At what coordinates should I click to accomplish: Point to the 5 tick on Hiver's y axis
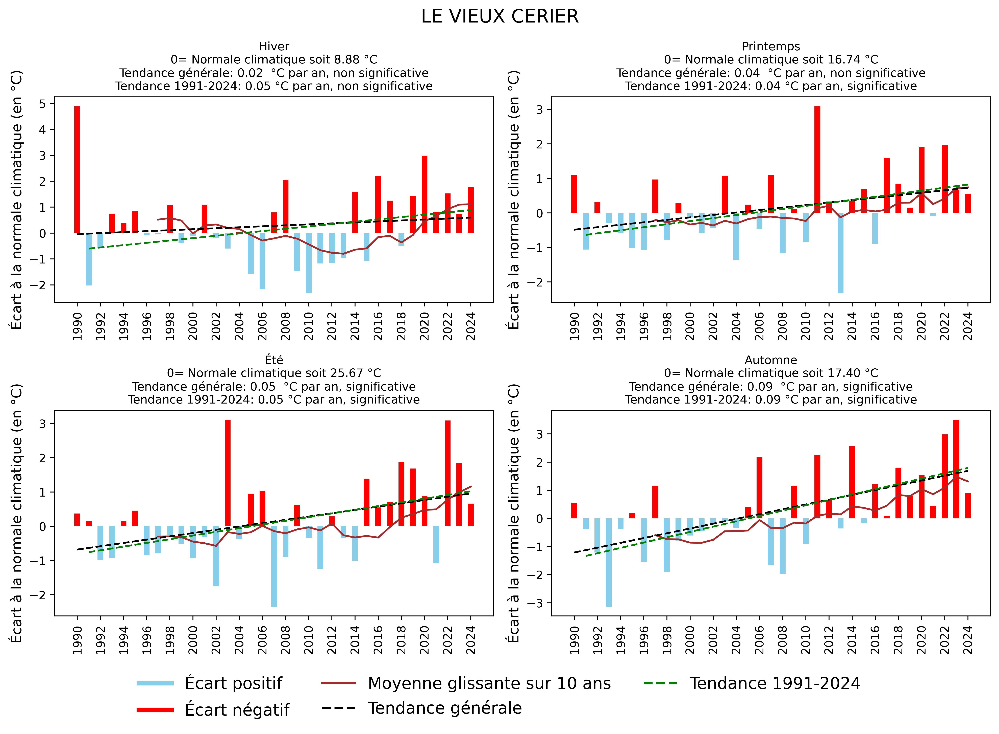click(43, 103)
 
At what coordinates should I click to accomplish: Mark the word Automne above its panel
click(770, 360)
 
